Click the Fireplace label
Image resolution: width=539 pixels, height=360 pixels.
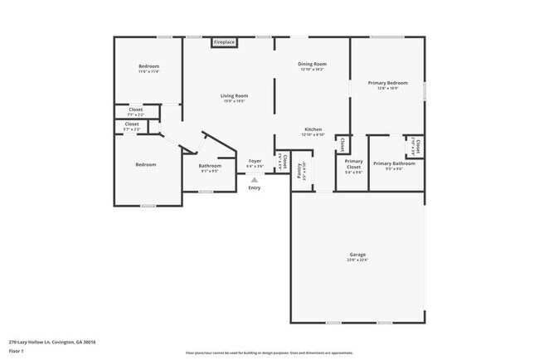[224, 41]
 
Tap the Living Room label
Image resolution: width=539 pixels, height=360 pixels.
[235, 95]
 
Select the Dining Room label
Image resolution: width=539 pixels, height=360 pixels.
[313, 64]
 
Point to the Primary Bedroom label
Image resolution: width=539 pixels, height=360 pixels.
[388, 83]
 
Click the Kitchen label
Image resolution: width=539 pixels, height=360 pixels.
[313, 129]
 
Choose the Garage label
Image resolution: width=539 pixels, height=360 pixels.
[357, 254]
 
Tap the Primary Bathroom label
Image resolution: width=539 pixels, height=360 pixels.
[394, 163]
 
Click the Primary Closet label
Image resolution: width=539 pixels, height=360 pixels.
[354, 163]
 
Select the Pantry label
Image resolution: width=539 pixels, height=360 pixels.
[299, 172]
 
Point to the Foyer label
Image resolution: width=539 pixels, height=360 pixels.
[255, 161]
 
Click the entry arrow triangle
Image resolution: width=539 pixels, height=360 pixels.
[255, 179]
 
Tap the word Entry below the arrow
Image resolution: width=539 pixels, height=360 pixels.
[255, 187]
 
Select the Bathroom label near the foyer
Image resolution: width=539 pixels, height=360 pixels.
[209, 166]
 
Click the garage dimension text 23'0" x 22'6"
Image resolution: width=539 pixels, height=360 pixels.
[357, 260]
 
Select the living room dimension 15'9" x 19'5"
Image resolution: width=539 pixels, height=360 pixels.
[235, 101]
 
